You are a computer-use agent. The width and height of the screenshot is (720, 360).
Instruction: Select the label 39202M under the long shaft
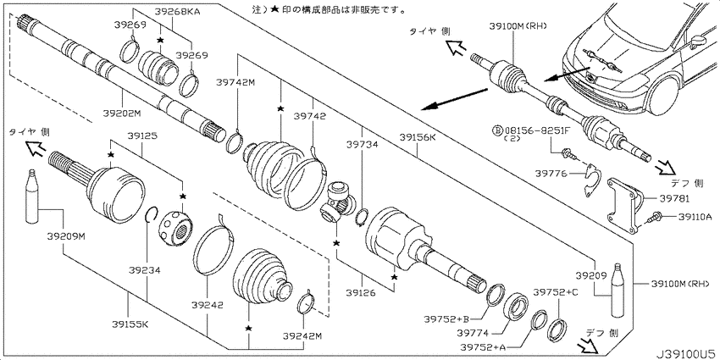coord(121,113)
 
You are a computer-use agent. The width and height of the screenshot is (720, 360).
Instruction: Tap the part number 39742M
coord(235,82)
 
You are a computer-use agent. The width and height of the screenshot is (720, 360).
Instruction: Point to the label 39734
coord(363,145)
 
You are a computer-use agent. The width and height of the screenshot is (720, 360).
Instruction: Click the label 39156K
coord(417,137)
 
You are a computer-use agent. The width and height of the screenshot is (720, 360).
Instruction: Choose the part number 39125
coord(142,136)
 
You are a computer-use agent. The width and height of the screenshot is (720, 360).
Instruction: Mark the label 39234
coord(144,271)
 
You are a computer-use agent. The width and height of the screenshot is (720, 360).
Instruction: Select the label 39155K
coord(130,324)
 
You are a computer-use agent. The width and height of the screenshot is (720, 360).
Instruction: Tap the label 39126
coord(361,292)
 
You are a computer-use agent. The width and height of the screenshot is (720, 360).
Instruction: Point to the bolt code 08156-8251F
coord(537,130)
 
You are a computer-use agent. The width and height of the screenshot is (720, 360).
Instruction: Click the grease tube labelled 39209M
coord(31,197)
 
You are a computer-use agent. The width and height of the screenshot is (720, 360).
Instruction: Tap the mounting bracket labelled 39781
coord(625,207)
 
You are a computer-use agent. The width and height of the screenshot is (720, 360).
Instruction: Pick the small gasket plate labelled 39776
coord(591,180)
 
